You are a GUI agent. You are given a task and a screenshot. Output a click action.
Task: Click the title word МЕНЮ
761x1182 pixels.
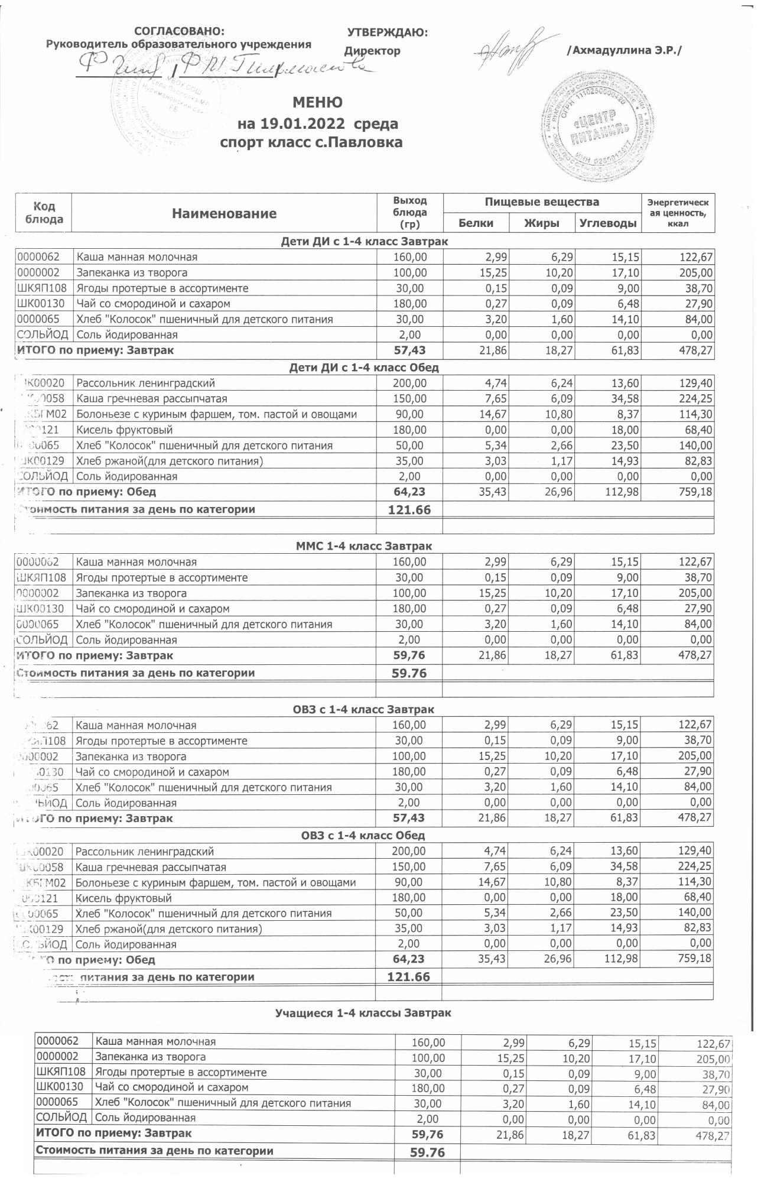pyautogui.click(x=317, y=103)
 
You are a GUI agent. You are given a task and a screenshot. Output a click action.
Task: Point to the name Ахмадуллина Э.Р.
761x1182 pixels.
pyautogui.click(x=624, y=51)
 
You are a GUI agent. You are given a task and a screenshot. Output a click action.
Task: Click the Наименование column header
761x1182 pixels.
pyautogui.click(x=224, y=214)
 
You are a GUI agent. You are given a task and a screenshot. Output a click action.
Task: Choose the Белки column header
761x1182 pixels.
pyautogui.click(x=476, y=223)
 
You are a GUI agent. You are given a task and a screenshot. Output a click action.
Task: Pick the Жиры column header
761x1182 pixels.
pyautogui.click(x=542, y=223)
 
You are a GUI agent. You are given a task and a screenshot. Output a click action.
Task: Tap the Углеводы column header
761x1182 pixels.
pyautogui.click(x=608, y=223)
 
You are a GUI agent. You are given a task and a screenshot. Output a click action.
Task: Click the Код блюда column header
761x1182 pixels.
pyautogui.click(x=44, y=213)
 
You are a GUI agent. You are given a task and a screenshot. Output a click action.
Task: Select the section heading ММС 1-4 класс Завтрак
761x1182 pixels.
pyautogui.click(x=363, y=546)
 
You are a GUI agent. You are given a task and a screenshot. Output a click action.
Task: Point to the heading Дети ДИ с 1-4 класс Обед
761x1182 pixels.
pyautogui.click(x=363, y=368)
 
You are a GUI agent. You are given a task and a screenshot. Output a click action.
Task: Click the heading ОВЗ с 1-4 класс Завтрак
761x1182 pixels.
pyautogui.click(x=363, y=709)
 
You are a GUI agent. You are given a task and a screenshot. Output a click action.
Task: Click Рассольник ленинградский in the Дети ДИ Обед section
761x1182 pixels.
pyautogui.click(x=145, y=383)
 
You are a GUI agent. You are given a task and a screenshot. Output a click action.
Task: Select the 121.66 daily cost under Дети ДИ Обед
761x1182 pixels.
pyautogui.click(x=409, y=509)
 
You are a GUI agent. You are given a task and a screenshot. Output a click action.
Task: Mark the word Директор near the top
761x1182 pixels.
pyautogui.click(x=372, y=51)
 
